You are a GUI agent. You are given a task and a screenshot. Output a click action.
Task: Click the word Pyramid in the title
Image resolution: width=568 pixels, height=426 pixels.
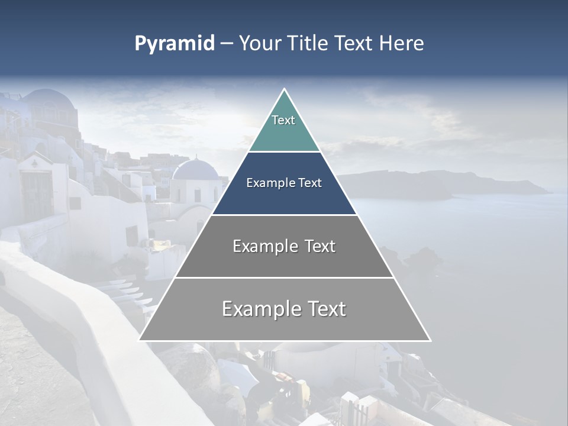pyautogui.click(x=174, y=44)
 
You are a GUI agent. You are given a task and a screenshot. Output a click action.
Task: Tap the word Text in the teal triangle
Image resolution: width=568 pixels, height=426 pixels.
pyautogui.click(x=283, y=120)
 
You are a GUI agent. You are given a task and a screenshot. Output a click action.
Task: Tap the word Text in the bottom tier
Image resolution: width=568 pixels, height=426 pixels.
pyautogui.click(x=325, y=309)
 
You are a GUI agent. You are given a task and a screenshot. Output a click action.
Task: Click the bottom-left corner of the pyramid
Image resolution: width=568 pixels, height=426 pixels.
pyautogui.click(x=140, y=340)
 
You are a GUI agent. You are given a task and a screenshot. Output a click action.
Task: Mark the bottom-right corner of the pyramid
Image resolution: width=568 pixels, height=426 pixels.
pyautogui.click(x=430, y=340)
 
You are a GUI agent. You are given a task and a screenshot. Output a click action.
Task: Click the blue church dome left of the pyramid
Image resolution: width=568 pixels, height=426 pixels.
pyautogui.click(x=195, y=170)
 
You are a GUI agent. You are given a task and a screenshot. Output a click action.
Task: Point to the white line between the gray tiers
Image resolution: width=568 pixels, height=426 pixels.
pyautogui.click(x=284, y=277)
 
